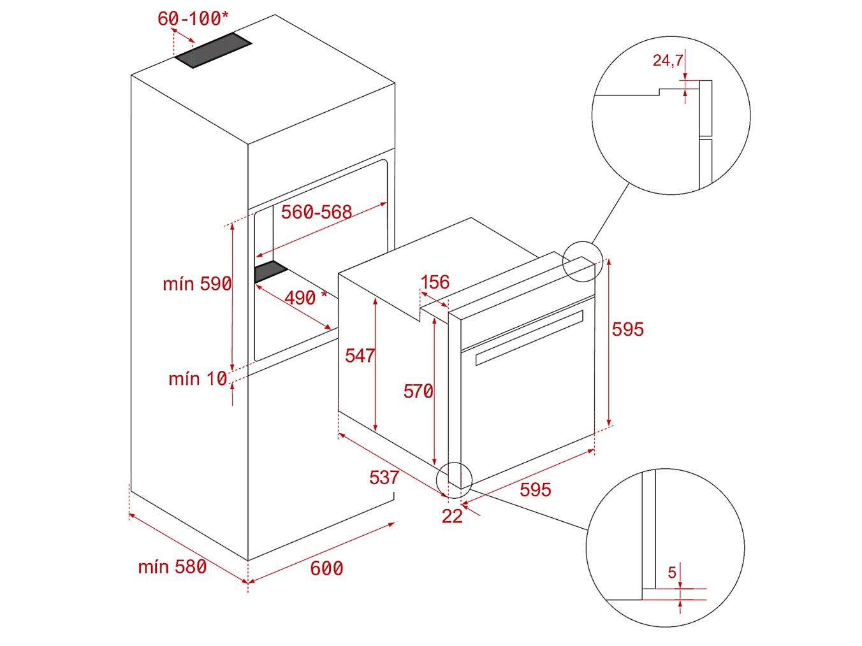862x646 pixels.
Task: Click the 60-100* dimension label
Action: pyautogui.click(x=193, y=18)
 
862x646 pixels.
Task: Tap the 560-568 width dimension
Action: pyautogui.click(x=316, y=212)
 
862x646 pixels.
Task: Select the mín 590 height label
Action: pyautogui.click(x=197, y=284)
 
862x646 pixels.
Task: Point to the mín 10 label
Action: pyautogui.click(x=198, y=379)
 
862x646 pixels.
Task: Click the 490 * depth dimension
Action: pyautogui.click(x=305, y=298)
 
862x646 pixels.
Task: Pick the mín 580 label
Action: pyautogui.click(x=172, y=567)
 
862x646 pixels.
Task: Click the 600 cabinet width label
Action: pyautogui.click(x=326, y=568)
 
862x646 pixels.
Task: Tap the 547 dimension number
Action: pyautogui.click(x=360, y=355)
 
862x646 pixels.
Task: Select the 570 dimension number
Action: pyautogui.click(x=418, y=391)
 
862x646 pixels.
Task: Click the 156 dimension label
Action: pyautogui.click(x=435, y=282)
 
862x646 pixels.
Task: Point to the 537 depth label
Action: pyautogui.click(x=384, y=478)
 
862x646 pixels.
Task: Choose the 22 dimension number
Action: pyautogui.click(x=452, y=517)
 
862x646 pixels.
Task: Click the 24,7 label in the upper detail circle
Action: pyautogui.click(x=668, y=61)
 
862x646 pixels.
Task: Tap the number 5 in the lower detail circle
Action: pyautogui.click(x=672, y=573)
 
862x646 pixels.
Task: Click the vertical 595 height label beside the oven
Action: pyautogui.click(x=628, y=329)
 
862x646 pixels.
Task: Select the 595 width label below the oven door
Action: pyautogui.click(x=536, y=490)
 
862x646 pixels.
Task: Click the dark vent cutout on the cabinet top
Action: pyautogui.click(x=213, y=50)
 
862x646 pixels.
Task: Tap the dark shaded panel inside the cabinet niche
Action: pyautogui.click(x=272, y=271)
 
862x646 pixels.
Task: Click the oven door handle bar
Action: pyautogui.click(x=529, y=338)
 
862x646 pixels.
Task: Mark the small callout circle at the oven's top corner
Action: pyautogui.click(x=582, y=262)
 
